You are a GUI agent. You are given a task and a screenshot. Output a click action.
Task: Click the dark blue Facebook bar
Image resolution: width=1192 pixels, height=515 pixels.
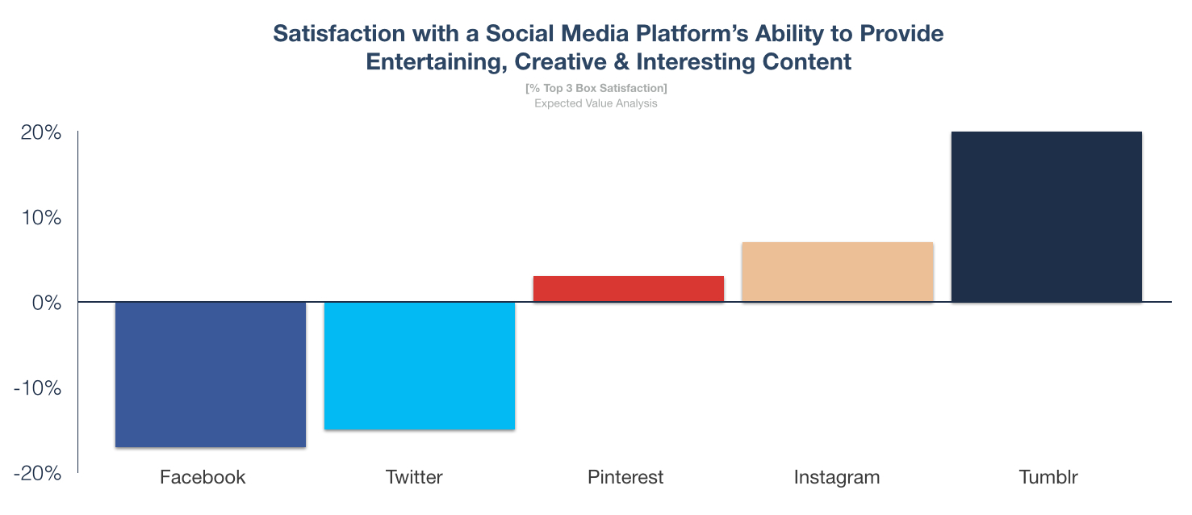pyautogui.click(x=211, y=374)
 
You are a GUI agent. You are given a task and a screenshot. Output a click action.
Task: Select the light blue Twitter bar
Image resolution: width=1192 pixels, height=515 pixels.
pyautogui.click(x=419, y=365)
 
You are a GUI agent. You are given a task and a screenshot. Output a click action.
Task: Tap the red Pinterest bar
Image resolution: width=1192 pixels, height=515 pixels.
pyautogui.click(x=629, y=289)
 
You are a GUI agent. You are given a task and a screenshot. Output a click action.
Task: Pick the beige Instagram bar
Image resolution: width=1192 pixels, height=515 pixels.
pyautogui.click(x=837, y=272)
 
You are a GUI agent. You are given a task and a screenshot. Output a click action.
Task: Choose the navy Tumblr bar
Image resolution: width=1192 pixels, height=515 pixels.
pyautogui.click(x=1046, y=216)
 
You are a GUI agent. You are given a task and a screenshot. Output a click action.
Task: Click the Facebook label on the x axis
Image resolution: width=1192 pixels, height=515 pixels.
pyautogui.click(x=203, y=477)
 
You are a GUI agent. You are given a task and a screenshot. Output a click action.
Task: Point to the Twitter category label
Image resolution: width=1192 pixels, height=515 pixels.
pyautogui.click(x=414, y=477)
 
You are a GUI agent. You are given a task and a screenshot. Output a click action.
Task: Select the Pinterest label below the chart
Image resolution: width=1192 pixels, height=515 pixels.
pyautogui.click(x=625, y=477)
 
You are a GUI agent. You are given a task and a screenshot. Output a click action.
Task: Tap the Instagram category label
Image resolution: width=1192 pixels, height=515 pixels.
pyautogui.click(x=837, y=477)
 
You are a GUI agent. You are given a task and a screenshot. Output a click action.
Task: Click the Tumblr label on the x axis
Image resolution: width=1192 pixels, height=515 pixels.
pyautogui.click(x=1048, y=477)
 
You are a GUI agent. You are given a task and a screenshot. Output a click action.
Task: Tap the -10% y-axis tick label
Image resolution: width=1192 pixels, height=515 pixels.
pyautogui.click(x=37, y=388)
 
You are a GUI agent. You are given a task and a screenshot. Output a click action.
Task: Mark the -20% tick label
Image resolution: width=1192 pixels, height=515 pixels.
pyautogui.click(x=37, y=474)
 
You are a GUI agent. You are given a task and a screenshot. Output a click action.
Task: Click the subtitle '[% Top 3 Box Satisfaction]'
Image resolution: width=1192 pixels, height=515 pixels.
pyautogui.click(x=596, y=88)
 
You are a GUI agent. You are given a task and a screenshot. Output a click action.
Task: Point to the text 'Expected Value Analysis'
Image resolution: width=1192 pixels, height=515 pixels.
pyautogui.click(x=596, y=103)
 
